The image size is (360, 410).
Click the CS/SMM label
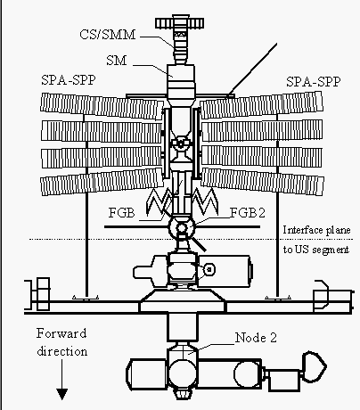click(107, 35)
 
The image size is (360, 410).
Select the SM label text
click(117, 61)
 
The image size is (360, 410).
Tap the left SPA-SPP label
click(69, 80)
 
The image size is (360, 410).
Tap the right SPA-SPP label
click(313, 82)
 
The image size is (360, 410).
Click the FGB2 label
click(248, 213)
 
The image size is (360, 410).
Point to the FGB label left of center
click(121, 213)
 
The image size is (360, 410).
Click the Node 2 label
click(256, 338)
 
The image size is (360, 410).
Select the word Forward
click(61, 333)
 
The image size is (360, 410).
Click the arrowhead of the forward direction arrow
click(62, 394)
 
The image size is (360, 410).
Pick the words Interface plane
click(316, 230)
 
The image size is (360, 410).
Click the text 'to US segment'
click(316, 250)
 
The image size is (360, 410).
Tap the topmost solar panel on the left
click(102, 106)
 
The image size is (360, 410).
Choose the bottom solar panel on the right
click(262, 181)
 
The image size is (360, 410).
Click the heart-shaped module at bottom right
click(315, 366)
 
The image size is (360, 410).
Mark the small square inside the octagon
click(209, 269)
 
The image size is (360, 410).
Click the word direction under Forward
click(62, 351)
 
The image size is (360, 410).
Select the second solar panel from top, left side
click(102, 131)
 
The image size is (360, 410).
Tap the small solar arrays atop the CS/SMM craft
click(179, 23)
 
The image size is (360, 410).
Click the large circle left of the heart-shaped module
click(248, 374)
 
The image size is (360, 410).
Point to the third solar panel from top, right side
click(262, 157)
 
